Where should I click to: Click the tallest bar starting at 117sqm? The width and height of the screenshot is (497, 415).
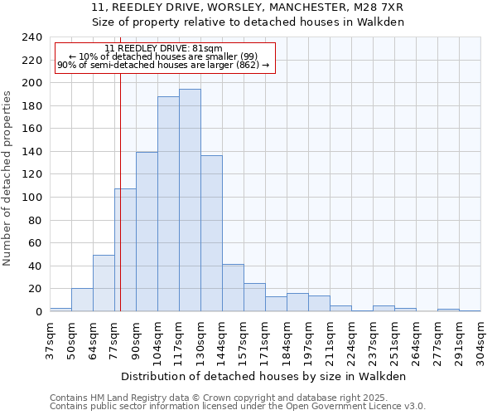click(x=190, y=200)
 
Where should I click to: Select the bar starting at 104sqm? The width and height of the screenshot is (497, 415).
click(x=168, y=203)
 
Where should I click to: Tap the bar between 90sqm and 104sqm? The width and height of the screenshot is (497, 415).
click(x=147, y=232)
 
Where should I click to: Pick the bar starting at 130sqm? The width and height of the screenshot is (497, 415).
click(x=211, y=233)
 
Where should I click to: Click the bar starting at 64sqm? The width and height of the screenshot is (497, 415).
click(x=104, y=283)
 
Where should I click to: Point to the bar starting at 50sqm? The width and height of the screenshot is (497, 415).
click(x=82, y=300)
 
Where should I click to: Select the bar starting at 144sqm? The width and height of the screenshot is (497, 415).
click(x=233, y=287)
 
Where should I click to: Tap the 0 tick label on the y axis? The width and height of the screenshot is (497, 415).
click(x=38, y=312)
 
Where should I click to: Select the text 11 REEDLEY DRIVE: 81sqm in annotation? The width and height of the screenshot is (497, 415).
click(x=164, y=48)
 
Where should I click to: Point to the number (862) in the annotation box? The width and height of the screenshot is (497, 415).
click(x=247, y=65)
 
